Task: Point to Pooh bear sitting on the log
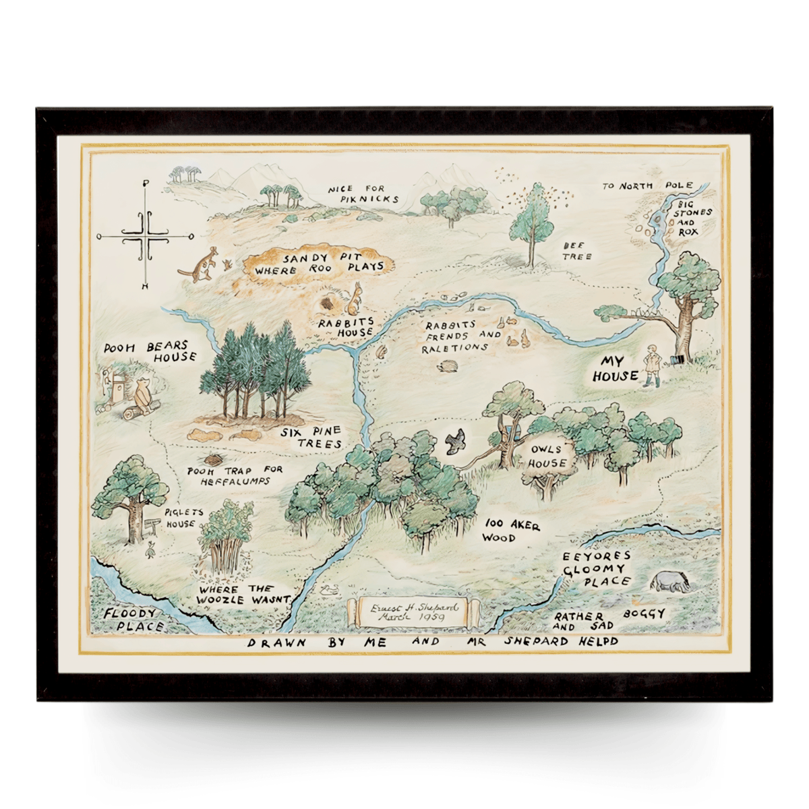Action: pyautogui.click(x=143, y=397)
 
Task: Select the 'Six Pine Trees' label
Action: pyautogui.click(x=311, y=438)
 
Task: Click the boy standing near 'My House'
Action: pyautogui.click(x=652, y=365)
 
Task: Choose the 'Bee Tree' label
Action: pyautogui.click(x=578, y=251)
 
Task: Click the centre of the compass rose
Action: pyautogui.click(x=145, y=237)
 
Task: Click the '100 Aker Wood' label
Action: pyautogui.click(x=510, y=531)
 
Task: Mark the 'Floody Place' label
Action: pyautogui.click(x=131, y=620)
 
